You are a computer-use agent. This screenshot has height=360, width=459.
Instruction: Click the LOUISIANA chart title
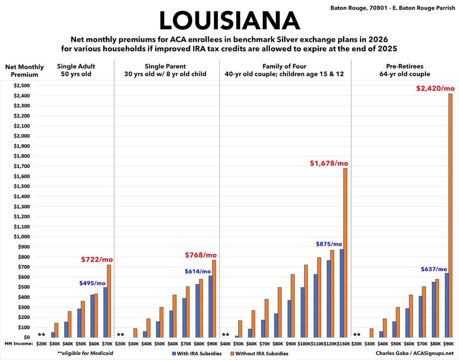tap(229, 21)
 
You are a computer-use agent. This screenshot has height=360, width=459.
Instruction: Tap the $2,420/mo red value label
tap(435, 88)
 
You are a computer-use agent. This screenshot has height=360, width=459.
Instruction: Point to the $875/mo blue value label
tap(329, 244)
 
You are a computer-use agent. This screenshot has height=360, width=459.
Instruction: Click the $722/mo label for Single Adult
tap(97, 260)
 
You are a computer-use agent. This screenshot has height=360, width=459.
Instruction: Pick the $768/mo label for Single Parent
tap(201, 255)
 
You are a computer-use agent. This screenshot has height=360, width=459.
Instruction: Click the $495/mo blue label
tap(92, 283)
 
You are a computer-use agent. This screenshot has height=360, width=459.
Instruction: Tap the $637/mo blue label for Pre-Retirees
tap(434, 269)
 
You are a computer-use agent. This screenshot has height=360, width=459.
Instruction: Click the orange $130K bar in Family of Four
tap(345, 253)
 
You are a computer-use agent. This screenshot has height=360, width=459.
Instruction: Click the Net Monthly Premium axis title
tap(24, 71)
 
